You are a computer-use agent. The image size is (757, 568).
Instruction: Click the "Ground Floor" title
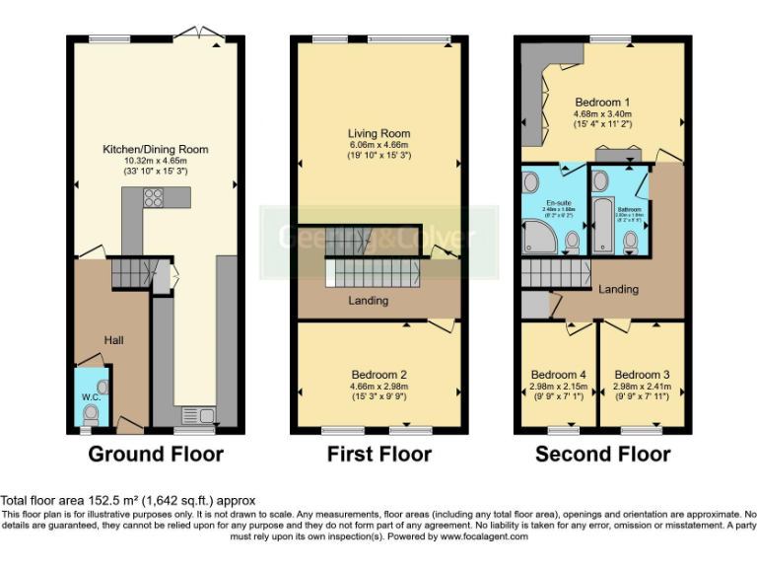[x=156, y=455]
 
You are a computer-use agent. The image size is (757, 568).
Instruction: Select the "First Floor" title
[x=379, y=455]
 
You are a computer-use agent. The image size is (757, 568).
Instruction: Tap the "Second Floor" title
[x=602, y=455]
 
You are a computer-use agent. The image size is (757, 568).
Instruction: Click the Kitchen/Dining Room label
[x=156, y=150]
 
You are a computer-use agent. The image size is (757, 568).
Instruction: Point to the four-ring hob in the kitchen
[x=154, y=197]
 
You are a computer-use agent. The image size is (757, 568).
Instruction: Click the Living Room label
[x=378, y=133]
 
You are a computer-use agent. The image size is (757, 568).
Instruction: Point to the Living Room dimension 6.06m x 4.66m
[x=378, y=145]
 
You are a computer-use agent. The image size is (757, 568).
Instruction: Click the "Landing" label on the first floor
[x=369, y=301]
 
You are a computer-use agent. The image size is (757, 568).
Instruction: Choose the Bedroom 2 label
[x=378, y=375]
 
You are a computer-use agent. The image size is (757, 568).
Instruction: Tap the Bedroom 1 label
[x=603, y=103]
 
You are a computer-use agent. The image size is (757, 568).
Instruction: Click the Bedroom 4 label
[x=558, y=375]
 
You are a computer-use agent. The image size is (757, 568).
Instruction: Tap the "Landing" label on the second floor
[x=618, y=289]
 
